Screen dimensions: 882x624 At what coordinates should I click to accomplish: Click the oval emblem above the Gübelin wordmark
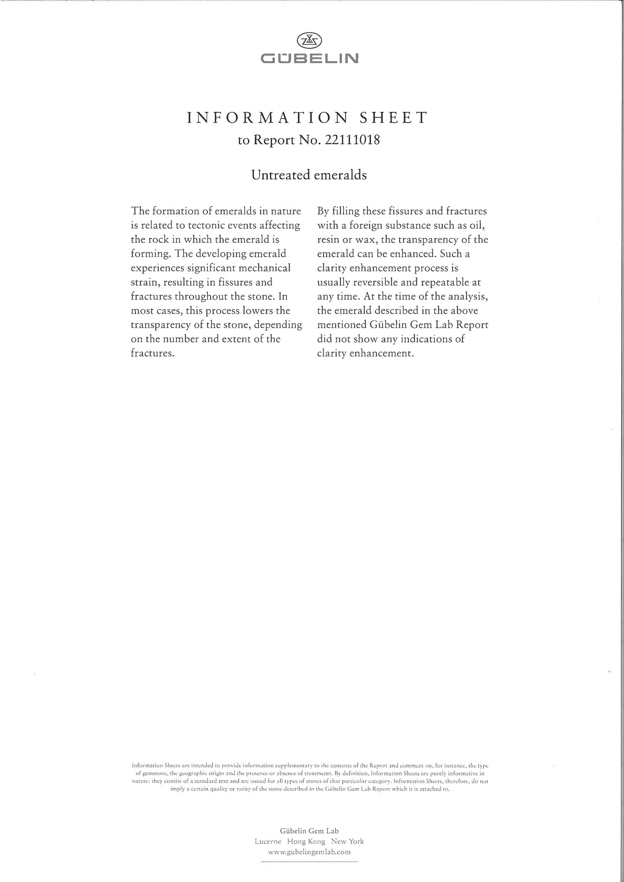click(309, 41)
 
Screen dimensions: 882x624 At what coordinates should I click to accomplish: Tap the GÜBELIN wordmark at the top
click(309, 59)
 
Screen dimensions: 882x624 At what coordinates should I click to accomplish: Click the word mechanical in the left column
click(264, 268)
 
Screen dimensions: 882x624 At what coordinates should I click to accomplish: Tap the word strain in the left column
click(144, 282)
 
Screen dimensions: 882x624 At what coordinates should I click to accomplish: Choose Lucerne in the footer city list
click(268, 841)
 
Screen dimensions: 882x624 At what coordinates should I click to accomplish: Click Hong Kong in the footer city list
click(306, 841)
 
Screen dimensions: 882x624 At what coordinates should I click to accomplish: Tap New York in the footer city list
click(347, 841)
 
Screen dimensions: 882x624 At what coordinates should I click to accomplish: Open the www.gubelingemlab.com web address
click(309, 851)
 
